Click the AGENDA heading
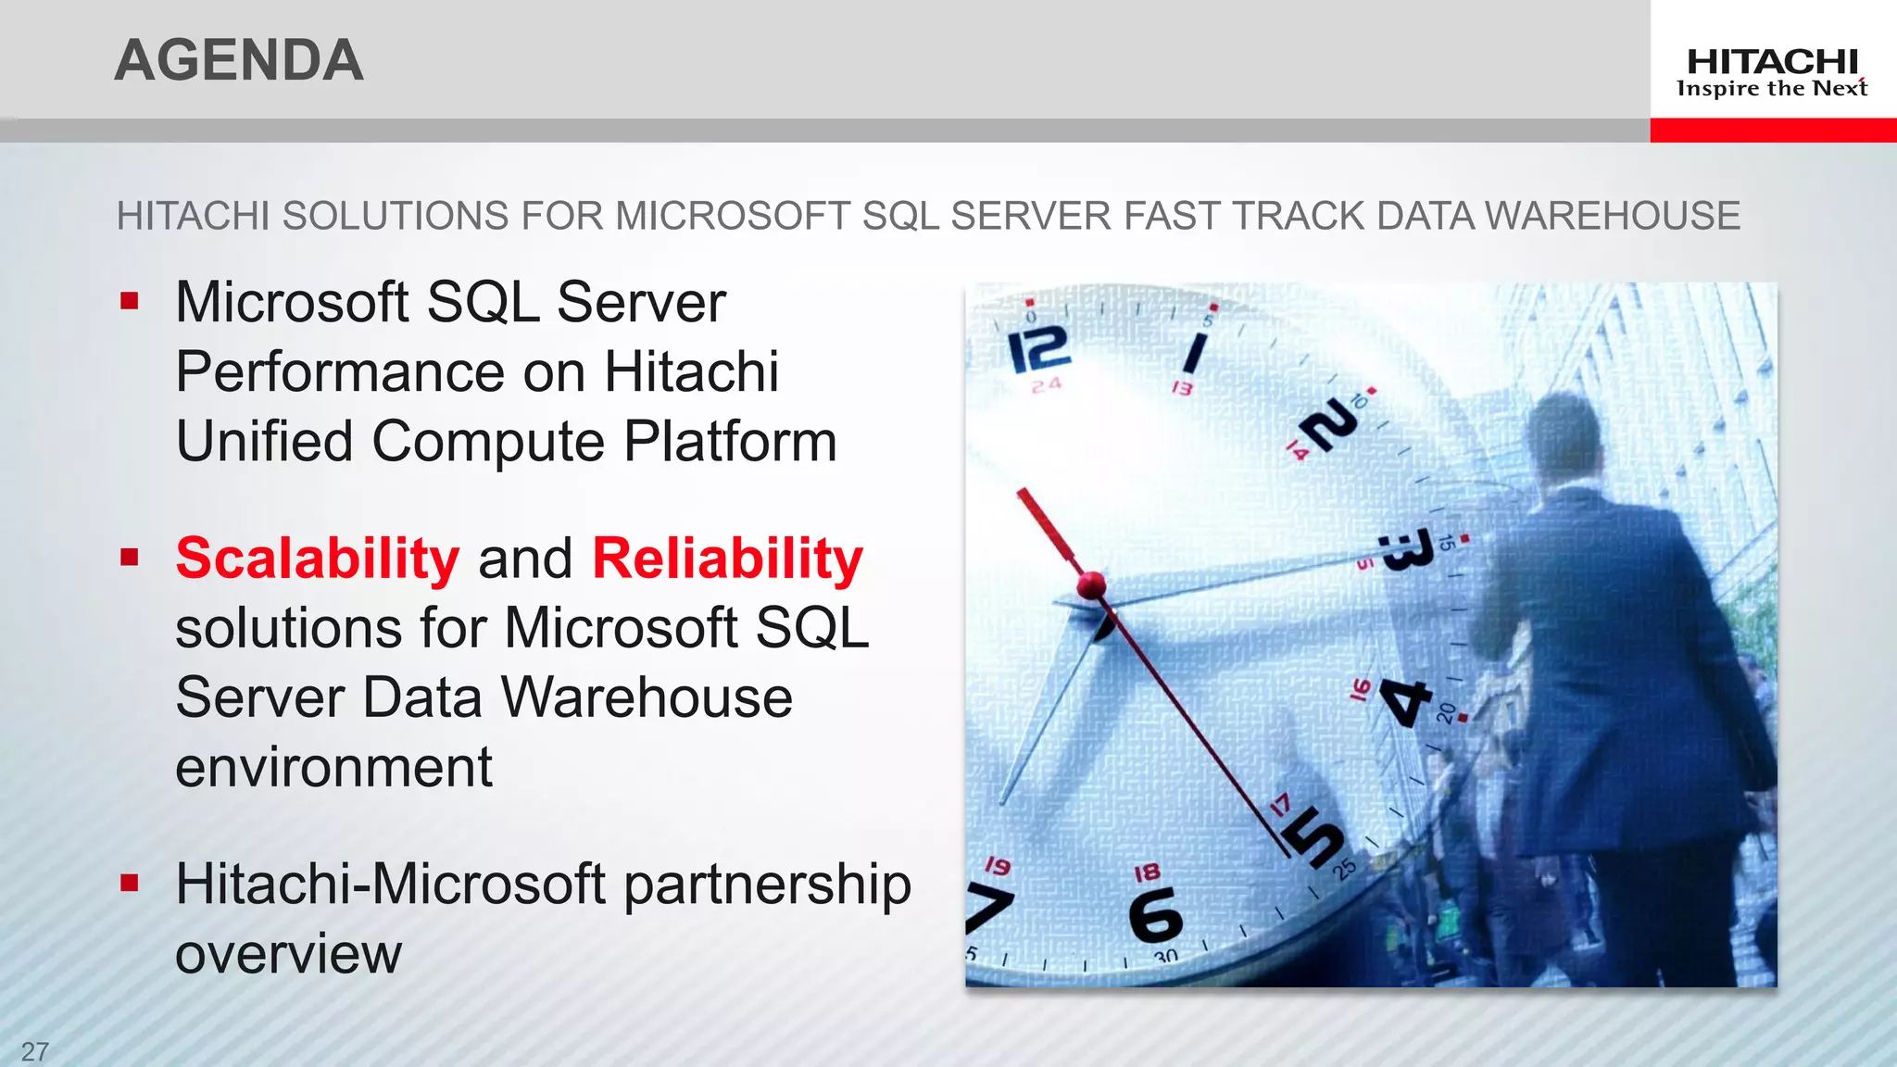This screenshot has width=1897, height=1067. [239, 60]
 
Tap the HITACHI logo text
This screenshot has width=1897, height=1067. [1772, 62]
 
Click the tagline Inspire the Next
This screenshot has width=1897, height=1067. [1772, 89]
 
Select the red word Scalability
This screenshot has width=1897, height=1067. [317, 559]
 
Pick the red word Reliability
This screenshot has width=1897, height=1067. [727, 559]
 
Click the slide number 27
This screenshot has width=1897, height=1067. [35, 1051]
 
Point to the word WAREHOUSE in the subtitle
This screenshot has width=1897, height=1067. [1612, 216]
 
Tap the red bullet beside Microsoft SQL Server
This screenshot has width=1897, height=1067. [130, 301]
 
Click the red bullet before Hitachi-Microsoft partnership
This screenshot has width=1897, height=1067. [130, 883]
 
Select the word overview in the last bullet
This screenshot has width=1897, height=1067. [288, 954]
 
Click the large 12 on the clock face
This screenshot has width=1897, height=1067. [1039, 349]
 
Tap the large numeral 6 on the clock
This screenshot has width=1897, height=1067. [1155, 914]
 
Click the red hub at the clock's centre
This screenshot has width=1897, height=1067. [1091, 584]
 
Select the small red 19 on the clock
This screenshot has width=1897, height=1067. [998, 866]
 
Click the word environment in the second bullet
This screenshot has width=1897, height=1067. [333, 768]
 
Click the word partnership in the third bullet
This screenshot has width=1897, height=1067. [767, 885]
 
